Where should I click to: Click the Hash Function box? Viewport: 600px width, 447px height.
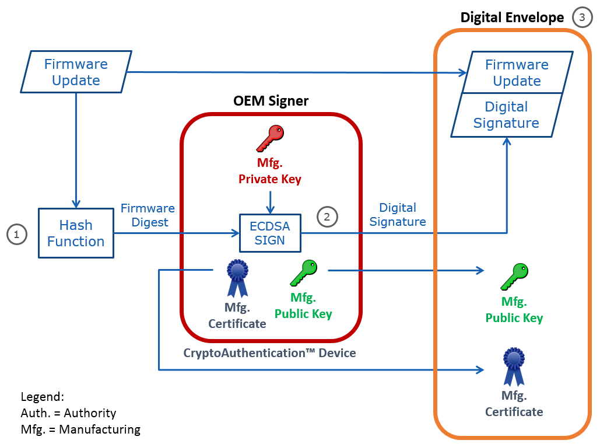point(76,233)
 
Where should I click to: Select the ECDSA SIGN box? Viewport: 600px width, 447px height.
point(270,233)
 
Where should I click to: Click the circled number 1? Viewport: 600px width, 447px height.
point(17,235)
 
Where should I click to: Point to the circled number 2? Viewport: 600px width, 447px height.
point(327,217)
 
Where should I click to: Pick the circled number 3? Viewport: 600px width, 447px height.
point(582,18)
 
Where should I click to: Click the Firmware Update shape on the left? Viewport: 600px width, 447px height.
point(76,72)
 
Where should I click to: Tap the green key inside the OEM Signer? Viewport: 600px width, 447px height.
point(303,274)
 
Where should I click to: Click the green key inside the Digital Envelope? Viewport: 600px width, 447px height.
point(514,277)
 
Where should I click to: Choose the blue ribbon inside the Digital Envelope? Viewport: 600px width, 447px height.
point(514,366)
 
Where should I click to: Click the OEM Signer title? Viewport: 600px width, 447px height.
point(271,100)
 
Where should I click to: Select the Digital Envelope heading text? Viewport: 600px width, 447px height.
point(512,18)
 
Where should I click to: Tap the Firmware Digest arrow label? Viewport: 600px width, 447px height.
point(148,215)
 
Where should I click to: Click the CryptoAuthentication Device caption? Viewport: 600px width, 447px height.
point(269,352)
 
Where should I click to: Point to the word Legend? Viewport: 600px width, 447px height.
point(42,397)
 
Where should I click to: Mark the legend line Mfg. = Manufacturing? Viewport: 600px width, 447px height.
point(80,429)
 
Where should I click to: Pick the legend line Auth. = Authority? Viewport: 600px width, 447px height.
point(68,413)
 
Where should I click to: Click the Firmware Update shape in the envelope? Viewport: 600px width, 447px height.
point(516,72)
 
